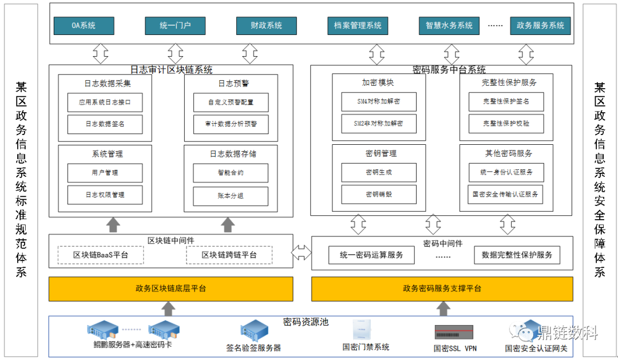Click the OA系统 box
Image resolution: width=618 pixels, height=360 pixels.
click(x=84, y=26)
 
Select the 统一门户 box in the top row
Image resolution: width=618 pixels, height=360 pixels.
click(x=175, y=26)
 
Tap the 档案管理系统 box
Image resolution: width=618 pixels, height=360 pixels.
click(x=358, y=26)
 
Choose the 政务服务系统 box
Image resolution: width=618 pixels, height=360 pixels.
click(x=540, y=26)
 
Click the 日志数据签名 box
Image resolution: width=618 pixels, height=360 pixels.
click(x=105, y=124)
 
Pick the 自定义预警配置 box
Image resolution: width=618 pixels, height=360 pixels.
click(x=231, y=102)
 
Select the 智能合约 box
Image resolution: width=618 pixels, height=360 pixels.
click(x=231, y=172)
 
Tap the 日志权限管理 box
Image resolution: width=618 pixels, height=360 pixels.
click(x=105, y=195)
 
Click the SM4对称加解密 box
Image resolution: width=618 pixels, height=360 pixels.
click(x=378, y=102)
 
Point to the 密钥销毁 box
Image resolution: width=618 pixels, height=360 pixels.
click(x=378, y=194)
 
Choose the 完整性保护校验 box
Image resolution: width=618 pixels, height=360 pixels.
click(x=506, y=124)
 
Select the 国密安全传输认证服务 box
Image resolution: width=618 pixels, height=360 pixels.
click(x=506, y=194)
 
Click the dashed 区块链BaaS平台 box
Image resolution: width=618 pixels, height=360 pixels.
click(x=101, y=255)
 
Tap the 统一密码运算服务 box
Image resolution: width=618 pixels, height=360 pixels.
click(x=371, y=255)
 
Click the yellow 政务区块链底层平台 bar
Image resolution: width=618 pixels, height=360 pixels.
click(x=171, y=288)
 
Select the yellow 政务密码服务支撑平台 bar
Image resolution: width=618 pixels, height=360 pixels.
click(x=442, y=288)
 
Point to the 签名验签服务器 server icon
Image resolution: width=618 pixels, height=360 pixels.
click(x=254, y=331)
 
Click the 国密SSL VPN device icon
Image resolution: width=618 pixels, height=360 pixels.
click(x=455, y=332)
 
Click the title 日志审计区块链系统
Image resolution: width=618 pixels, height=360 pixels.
click(x=171, y=70)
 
